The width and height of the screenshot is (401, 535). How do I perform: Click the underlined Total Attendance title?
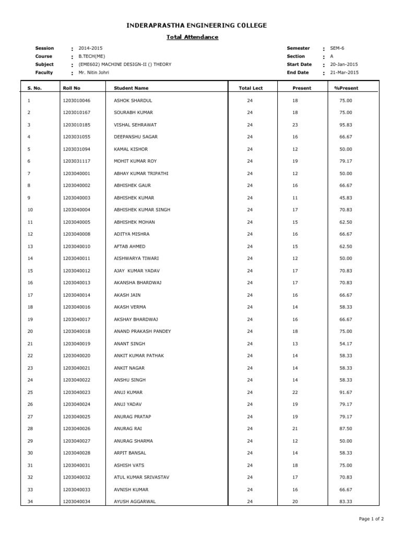(192, 37)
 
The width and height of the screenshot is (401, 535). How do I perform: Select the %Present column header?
(346, 88)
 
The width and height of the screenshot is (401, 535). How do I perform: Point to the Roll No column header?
(72, 88)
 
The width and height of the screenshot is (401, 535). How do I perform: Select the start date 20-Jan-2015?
(344, 64)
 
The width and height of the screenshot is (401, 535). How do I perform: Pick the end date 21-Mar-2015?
(344, 73)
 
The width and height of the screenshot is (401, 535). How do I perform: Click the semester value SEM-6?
(337, 48)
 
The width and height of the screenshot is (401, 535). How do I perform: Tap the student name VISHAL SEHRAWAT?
(135, 125)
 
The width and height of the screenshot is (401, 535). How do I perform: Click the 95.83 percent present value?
(346, 125)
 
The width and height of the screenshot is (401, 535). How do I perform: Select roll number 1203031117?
(76, 161)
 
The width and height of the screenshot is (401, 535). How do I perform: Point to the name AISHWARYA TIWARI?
(136, 258)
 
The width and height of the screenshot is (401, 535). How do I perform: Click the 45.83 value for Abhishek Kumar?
(346, 197)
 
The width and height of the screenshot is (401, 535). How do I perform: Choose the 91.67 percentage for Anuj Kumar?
(346, 392)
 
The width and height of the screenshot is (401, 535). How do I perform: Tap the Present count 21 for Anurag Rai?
(295, 428)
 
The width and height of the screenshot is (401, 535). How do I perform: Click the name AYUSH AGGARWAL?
(135, 502)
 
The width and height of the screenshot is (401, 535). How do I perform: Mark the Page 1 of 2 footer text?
(371, 519)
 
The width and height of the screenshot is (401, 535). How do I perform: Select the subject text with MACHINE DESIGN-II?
(125, 64)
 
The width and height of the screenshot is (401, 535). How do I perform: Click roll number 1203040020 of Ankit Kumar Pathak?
(76, 355)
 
